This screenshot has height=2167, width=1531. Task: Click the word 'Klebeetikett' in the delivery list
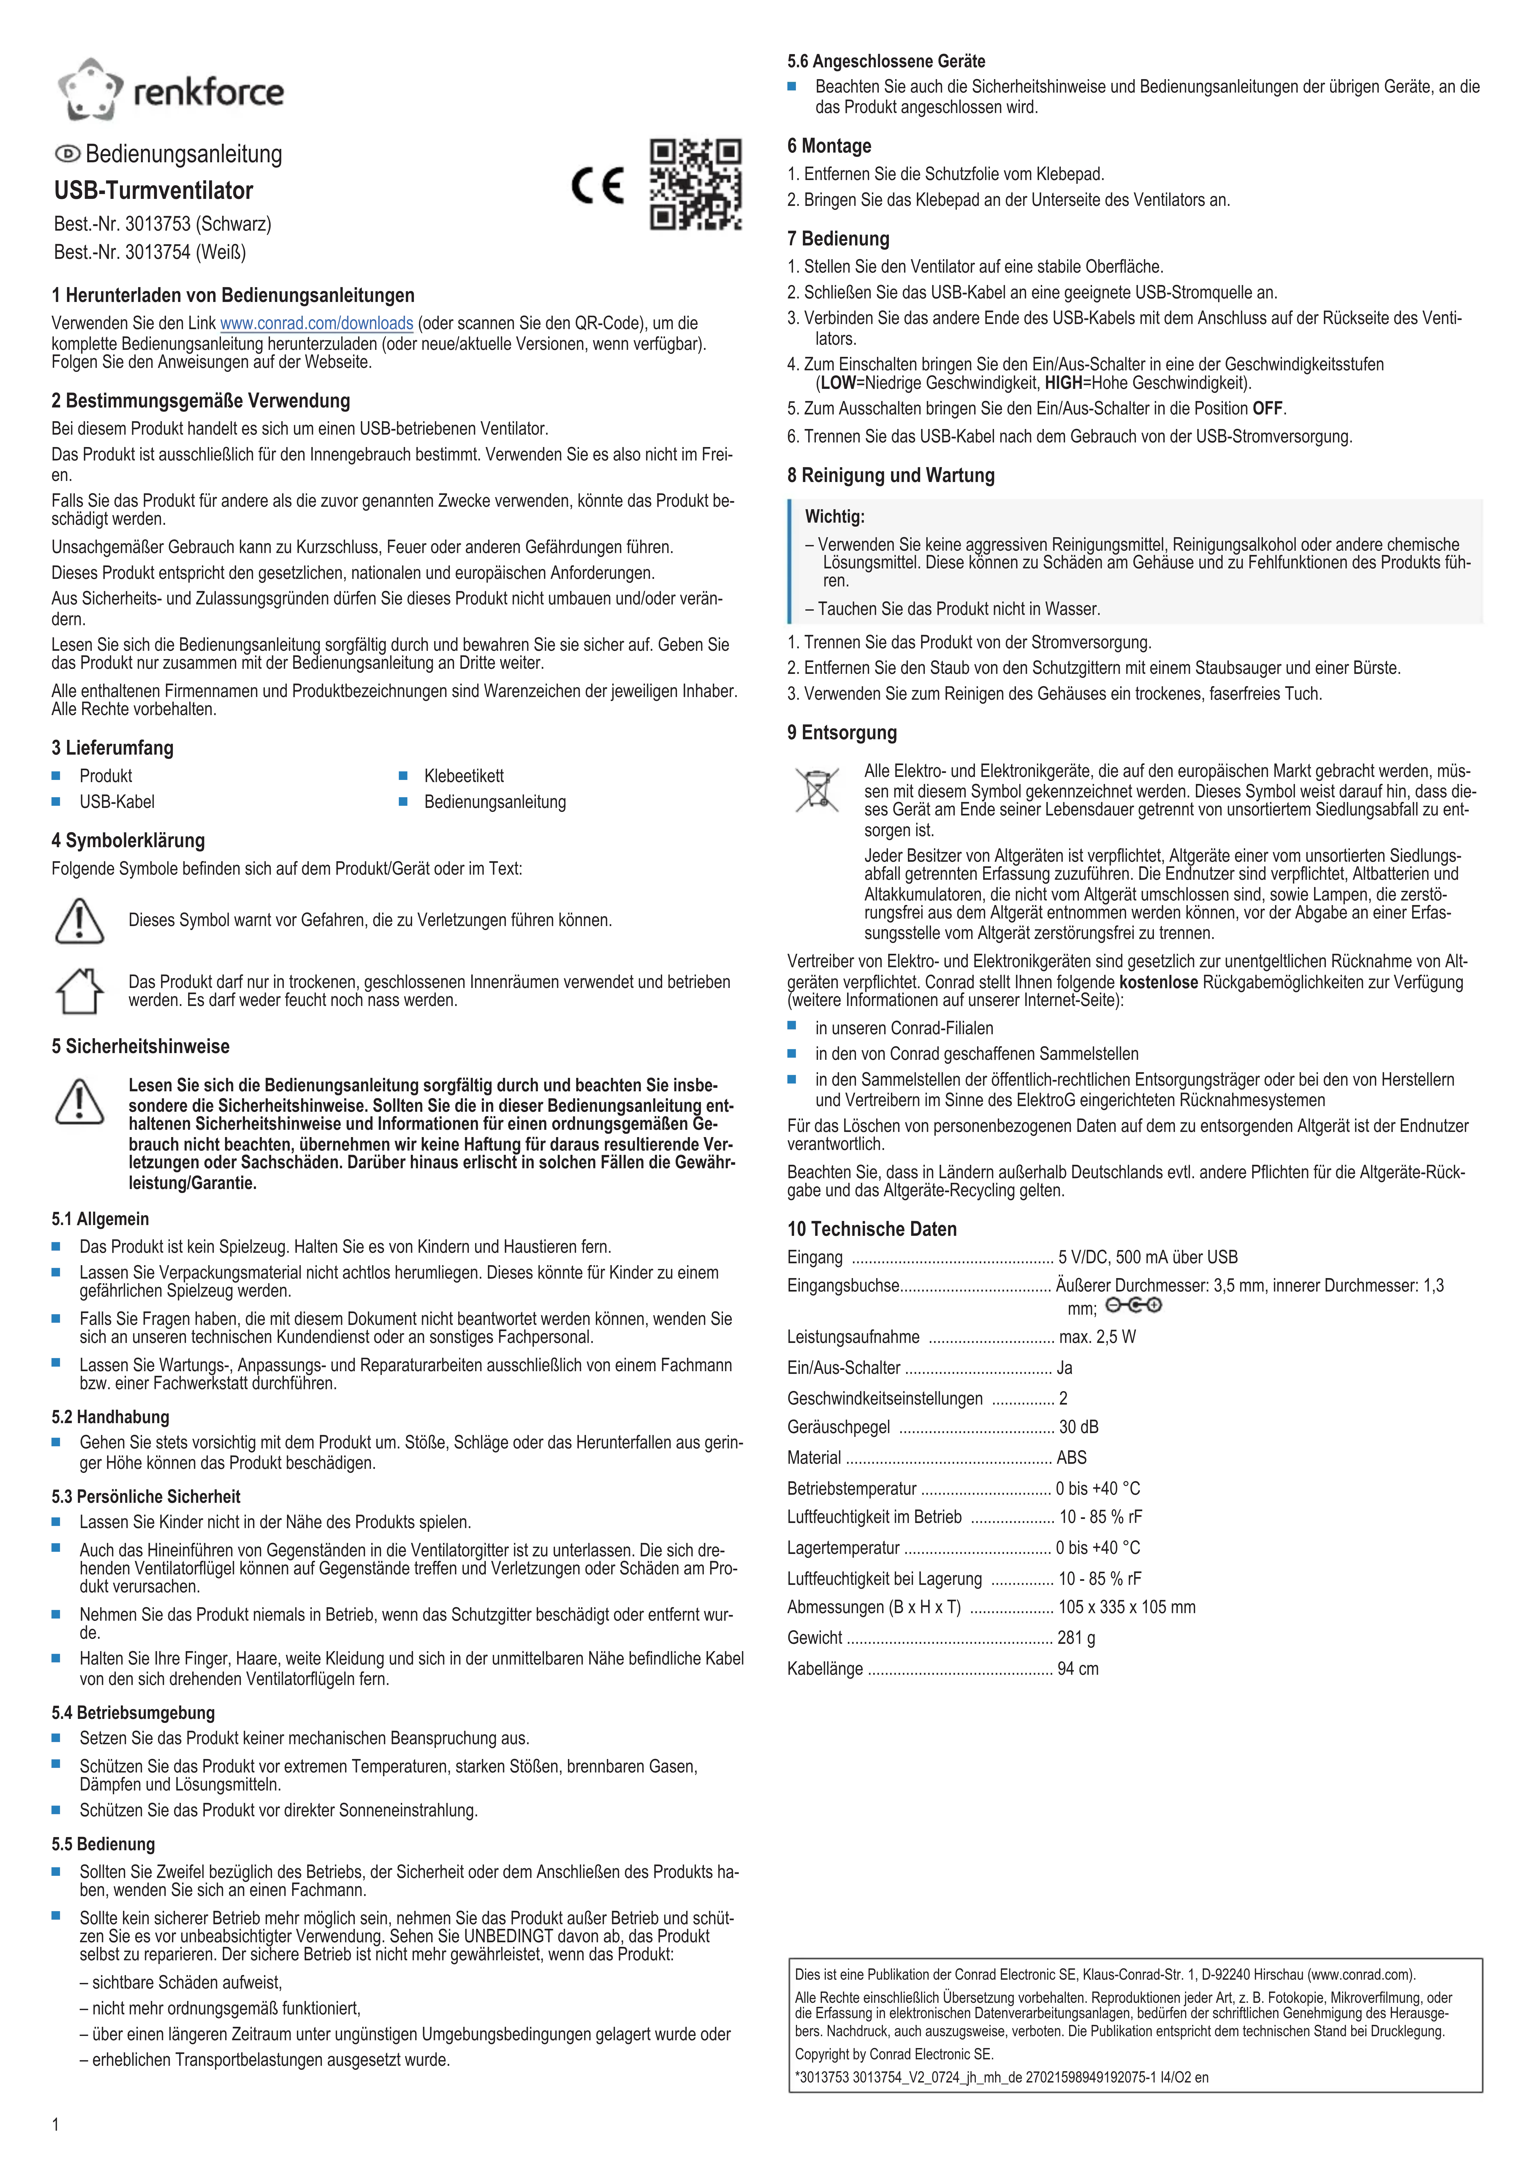click(463, 776)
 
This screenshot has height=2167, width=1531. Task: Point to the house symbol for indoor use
click(79, 991)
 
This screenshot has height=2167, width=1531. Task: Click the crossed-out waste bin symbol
click(816, 791)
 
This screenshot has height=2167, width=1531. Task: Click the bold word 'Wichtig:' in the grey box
click(834, 517)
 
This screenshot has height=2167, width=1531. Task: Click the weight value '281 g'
click(1076, 1638)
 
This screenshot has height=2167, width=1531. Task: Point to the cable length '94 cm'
click(1078, 1669)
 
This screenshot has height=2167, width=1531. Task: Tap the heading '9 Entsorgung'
click(842, 732)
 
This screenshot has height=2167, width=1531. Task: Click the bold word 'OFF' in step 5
click(1268, 409)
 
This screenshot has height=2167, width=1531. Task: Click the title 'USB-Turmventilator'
click(154, 191)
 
